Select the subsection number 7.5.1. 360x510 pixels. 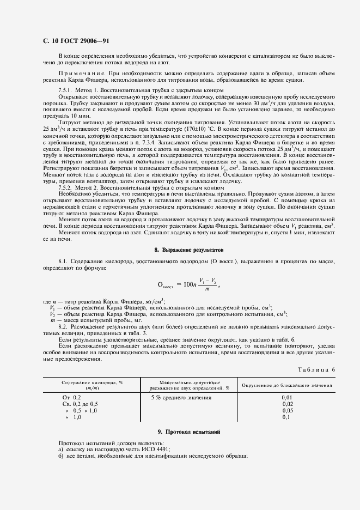click(66, 89)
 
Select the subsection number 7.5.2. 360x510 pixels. click(66, 187)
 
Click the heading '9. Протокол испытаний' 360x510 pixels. click(189, 432)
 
